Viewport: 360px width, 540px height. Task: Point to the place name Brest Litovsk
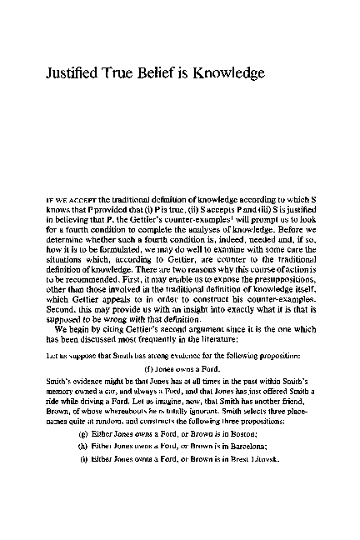click(x=252, y=459)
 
